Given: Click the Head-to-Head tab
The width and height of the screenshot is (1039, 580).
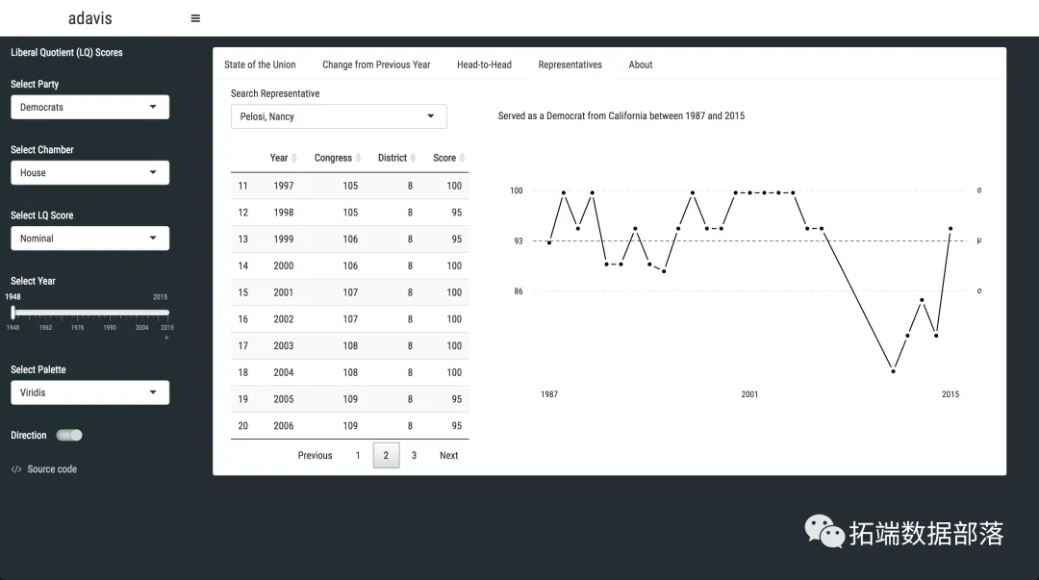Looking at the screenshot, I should point(484,64).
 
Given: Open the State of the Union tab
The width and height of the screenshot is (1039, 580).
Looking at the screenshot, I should point(260,64).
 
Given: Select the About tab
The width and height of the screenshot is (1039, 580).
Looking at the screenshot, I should point(641,64).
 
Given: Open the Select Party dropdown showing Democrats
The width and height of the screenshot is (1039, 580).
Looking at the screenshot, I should point(89,107).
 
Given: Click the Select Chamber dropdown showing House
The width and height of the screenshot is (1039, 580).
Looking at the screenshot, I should point(89,173).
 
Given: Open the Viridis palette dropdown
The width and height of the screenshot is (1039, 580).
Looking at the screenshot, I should point(89,392).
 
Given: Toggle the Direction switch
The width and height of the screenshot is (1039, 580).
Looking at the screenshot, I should point(69,436).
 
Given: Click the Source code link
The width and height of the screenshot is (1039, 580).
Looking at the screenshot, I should point(52,469).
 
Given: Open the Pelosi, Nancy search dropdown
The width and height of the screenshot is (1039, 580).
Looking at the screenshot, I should point(339,116).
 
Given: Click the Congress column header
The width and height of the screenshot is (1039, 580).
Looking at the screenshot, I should point(333,158).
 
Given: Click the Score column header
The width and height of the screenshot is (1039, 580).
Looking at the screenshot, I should point(444,158).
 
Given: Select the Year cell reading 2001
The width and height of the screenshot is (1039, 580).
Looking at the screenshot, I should point(283,292).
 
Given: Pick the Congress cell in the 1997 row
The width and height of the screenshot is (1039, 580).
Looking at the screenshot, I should point(350,186).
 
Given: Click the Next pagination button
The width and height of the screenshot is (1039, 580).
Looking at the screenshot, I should point(448,456).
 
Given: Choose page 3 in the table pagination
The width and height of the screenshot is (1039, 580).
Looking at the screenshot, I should point(414,456).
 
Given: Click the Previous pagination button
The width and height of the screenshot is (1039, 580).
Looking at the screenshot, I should point(315,456).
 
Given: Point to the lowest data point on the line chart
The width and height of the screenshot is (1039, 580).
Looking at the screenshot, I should point(893,370).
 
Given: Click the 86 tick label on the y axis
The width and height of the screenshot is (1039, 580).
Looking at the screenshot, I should point(519,291).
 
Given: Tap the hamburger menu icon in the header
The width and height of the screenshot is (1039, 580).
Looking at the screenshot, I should point(195,18).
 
